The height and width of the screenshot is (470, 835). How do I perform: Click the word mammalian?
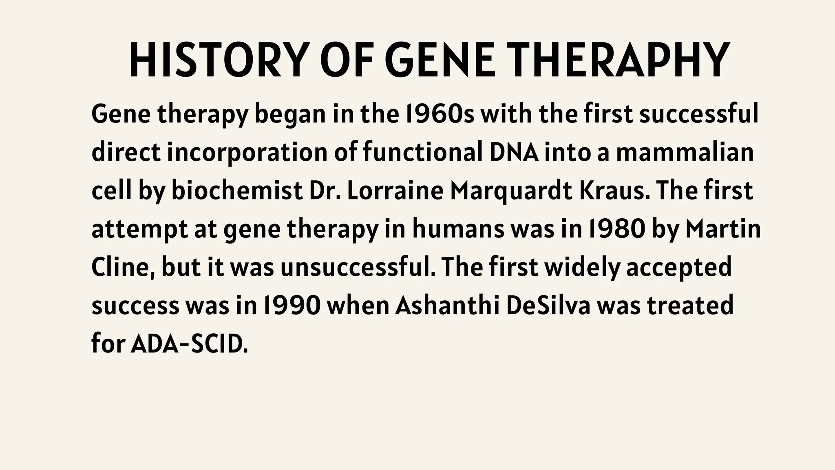coord(685,152)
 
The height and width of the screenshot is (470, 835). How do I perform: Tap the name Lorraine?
coord(395,191)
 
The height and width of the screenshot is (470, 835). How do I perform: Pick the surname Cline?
coord(122,267)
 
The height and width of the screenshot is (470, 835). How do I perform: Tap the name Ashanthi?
coord(447,306)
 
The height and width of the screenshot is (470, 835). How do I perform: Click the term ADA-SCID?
coord(189,344)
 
